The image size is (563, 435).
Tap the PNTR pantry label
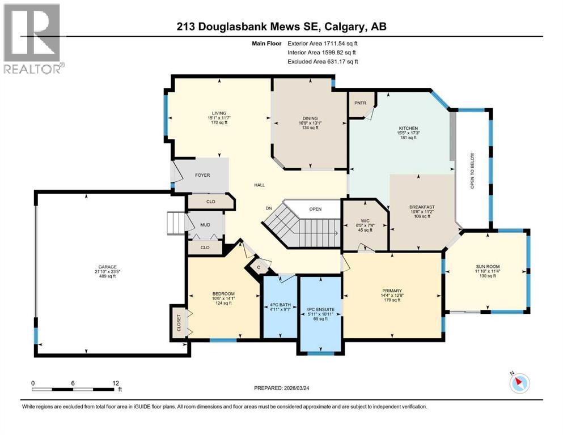361,103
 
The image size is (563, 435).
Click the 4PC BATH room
280,308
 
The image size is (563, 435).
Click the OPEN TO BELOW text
473,170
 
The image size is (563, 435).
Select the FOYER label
202,175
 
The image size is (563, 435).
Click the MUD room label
205,224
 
